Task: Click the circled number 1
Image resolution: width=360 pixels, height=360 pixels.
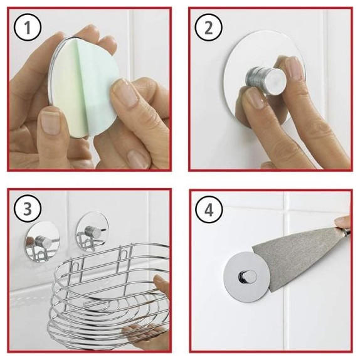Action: (x=28, y=28)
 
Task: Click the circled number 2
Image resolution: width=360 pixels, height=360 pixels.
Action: (x=209, y=28)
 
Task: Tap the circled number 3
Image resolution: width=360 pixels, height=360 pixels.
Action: (x=28, y=209)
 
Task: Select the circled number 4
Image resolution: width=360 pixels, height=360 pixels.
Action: (x=209, y=209)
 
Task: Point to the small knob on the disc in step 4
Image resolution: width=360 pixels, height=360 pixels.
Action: (x=248, y=277)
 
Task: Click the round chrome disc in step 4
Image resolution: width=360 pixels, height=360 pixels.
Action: (x=246, y=277)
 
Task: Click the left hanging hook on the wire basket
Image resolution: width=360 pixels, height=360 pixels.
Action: (x=76, y=268)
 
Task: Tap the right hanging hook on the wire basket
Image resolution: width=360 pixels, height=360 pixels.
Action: (x=124, y=257)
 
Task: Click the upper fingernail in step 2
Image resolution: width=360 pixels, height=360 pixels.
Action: (x=292, y=67)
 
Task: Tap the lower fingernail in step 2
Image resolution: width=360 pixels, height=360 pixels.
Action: (x=255, y=98)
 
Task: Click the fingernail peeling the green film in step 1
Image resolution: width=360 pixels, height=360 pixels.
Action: (x=125, y=92)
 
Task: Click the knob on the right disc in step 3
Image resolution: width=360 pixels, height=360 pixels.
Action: (x=93, y=231)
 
